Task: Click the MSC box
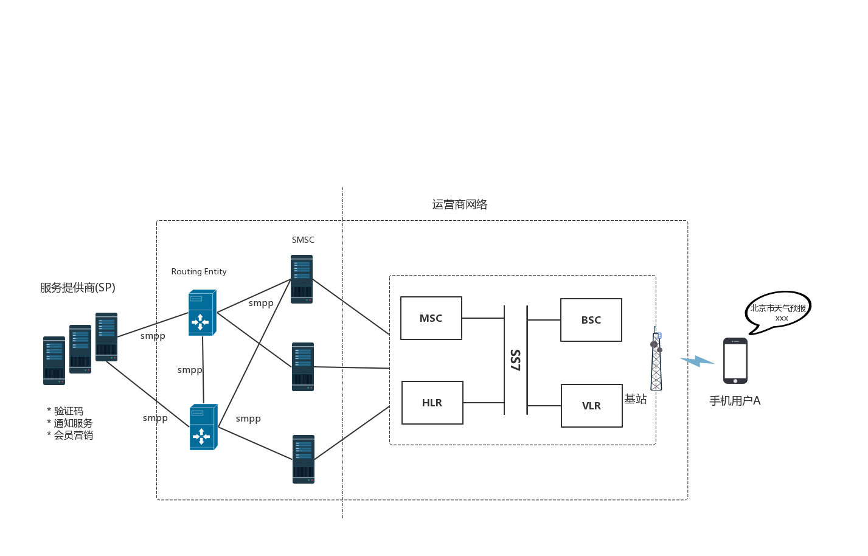click(431, 318)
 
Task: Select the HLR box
click(432, 403)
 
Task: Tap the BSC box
click(591, 320)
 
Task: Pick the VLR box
click(592, 406)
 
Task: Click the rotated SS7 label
click(515, 360)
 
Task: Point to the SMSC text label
click(303, 240)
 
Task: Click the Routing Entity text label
click(199, 271)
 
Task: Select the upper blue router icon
click(203, 312)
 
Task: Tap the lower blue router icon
click(203, 427)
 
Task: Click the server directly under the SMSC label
click(302, 279)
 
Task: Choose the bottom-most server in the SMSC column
click(304, 459)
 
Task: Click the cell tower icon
click(656, 359)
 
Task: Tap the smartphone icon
click(735, 361)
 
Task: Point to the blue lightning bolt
click(697, 361)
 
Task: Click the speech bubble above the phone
click(778, 312)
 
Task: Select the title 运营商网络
click(460, 204)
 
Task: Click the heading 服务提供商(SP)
click(77, 288)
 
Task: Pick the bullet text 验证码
click(69, 411)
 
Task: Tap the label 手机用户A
click(735, 401)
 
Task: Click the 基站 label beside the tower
click(636, 398)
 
